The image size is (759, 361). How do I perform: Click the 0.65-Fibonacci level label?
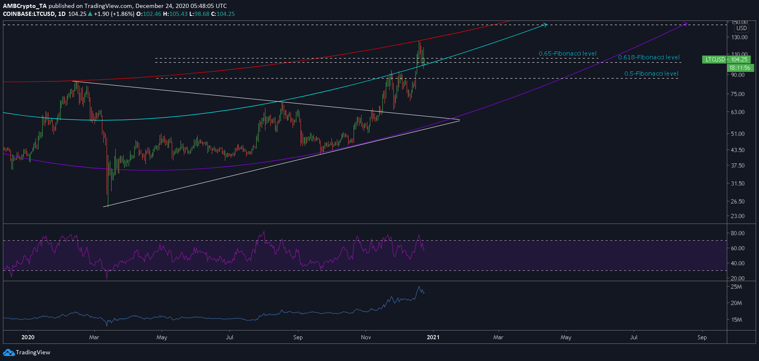(568, 53)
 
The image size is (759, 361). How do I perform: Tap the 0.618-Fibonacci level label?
(649, 57)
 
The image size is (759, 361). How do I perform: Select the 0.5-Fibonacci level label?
(651, 74)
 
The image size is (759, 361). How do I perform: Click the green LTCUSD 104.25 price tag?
(726, 59)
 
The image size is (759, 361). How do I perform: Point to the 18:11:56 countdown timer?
(740, 68)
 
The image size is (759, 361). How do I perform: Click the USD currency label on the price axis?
(741, 28)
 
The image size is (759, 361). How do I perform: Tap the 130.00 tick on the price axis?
(739, 37)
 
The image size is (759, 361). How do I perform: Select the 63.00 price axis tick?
(738, 112)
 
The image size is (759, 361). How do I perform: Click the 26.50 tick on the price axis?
(738, 201)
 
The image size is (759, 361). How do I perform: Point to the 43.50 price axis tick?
(738, 150)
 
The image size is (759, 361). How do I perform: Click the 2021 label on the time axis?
(433, 337)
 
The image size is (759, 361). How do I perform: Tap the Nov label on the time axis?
(366, 337)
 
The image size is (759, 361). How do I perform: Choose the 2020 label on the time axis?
(28, 337)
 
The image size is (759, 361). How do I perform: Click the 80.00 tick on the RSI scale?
(738, 233)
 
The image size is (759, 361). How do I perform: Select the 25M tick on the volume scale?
(736, 287)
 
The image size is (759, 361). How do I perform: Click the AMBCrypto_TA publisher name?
(25, 6)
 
